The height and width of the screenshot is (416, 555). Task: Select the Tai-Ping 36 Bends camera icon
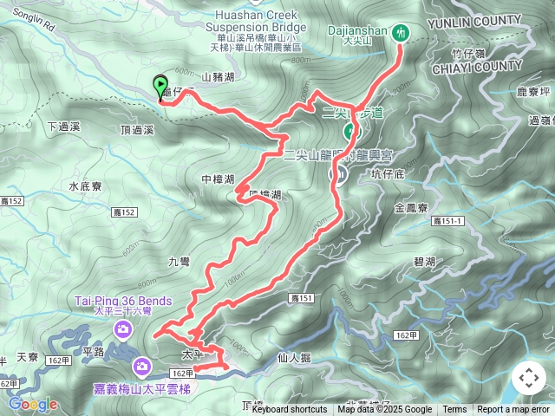(x=123, y=328)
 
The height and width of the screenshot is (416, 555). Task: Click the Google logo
(x=33, y=405)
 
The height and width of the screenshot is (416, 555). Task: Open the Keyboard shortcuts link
(x=290, y=410)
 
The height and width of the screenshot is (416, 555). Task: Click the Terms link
(x=454, y=410)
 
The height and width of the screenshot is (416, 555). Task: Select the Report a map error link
(x=513, y=410)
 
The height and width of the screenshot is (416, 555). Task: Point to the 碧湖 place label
(x=424, y=262)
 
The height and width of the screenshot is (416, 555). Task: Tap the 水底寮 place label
(x=85, y=186)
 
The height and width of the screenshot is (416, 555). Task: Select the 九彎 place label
(x=179, y=262)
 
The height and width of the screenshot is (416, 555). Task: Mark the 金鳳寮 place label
(x=410, y=208)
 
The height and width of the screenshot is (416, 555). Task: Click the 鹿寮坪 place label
(x=533, y=92)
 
